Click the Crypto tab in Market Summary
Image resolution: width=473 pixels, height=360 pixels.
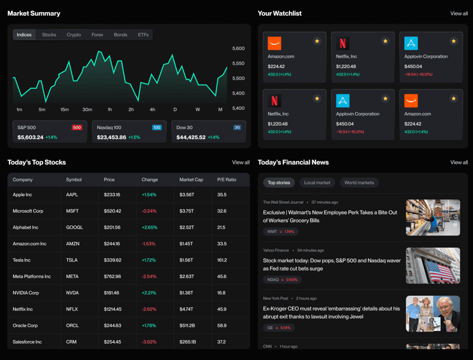[74, 35]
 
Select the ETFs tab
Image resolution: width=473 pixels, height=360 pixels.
[143, 35]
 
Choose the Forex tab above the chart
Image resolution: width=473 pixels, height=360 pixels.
[97, 35]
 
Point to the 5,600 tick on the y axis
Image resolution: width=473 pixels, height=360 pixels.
[238, 48]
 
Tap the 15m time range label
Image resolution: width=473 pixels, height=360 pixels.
[64, 110]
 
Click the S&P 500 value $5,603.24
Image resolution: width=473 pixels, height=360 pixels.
[30, 137]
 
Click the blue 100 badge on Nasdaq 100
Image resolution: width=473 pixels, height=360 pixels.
[157, 128]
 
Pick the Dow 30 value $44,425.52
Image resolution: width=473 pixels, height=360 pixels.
[191, 137]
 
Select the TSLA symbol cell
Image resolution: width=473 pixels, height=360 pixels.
[72, 260]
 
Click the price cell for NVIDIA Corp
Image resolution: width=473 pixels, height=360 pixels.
[111, 293]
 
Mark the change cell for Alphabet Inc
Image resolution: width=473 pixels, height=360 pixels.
[149, 227]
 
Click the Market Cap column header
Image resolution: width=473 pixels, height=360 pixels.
[191, 180]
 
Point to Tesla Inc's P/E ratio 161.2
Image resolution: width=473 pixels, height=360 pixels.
[222, 260]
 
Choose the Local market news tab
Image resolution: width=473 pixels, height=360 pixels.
[317, 183]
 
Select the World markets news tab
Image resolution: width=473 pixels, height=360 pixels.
[359, 183]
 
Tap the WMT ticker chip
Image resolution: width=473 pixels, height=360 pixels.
[281, 232]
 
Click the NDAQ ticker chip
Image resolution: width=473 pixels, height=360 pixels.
[282, 280]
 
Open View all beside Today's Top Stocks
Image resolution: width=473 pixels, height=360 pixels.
[241, 163]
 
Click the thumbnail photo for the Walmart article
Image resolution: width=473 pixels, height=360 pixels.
[433, 217]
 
